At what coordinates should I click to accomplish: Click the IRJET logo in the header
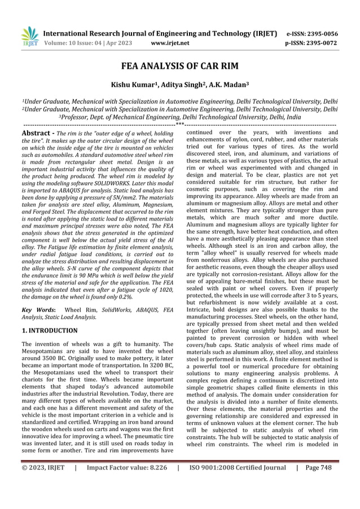coord(29,37)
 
